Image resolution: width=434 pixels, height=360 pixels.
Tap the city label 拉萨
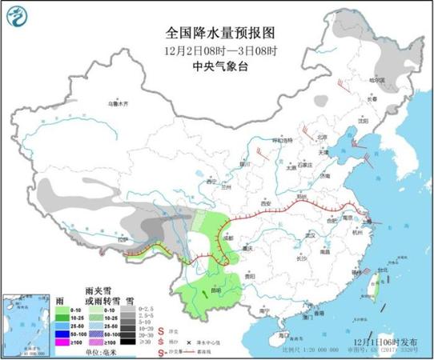[121, 238]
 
